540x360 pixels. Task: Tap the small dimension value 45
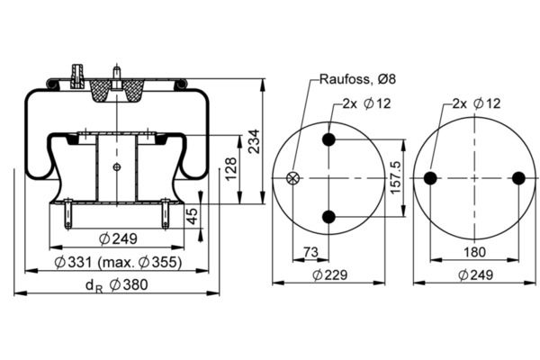click(x=191, y=215)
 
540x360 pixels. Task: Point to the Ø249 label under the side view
click(x=114, y=238)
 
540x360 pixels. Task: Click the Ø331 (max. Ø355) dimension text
click(x=117, y=262)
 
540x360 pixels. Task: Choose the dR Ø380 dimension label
click(x=116, y=285)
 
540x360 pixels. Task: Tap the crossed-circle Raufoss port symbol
click(x=292, y=177)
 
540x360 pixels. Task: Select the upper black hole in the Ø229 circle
click(x=328, y=139)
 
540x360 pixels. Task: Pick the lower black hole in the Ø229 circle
click(x=328, y=216)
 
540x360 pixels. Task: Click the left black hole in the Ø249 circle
click(x=430, y=177)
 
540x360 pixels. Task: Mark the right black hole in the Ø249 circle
click(x=517, y=177)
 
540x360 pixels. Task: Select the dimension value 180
click(x=473, y=252)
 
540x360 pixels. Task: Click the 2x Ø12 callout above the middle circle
click(x=365, y=104)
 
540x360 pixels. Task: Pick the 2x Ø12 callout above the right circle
click(x=476, y=104)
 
